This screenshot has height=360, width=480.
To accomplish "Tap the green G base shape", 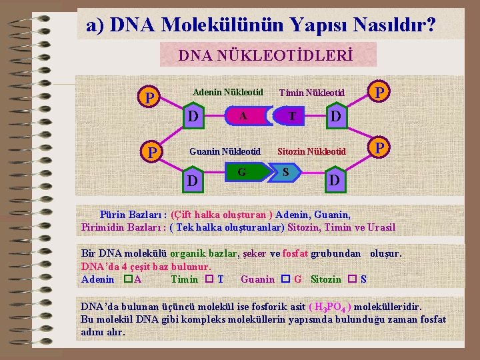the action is [x=243, y=173].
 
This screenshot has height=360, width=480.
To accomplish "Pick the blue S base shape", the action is [x=287, y=173].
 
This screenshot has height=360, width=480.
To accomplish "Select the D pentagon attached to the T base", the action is [x=337, y=116].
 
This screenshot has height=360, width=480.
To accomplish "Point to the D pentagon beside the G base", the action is [x=192, y=180].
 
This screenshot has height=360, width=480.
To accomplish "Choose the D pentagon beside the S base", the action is [x=335, y=179].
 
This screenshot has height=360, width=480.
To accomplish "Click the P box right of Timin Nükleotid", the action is [x=379, y=92].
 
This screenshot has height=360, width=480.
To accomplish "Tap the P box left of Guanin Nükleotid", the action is [x=152, y=153].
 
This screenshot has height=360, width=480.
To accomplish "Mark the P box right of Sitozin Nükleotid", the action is [x=379, y=147].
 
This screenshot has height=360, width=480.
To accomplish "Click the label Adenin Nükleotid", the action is [x=228, y=91].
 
